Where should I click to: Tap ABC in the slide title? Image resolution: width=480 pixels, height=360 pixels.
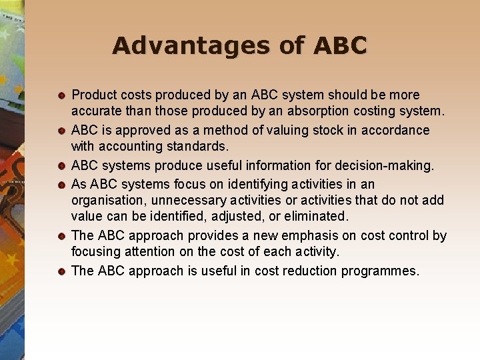338,45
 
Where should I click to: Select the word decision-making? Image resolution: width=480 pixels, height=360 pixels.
385,165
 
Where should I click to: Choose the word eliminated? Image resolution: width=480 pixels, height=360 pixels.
314,217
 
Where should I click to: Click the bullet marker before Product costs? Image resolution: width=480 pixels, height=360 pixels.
61,96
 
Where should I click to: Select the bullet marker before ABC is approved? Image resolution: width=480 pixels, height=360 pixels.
61,131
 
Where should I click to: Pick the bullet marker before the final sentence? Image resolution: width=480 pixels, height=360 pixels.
61,271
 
